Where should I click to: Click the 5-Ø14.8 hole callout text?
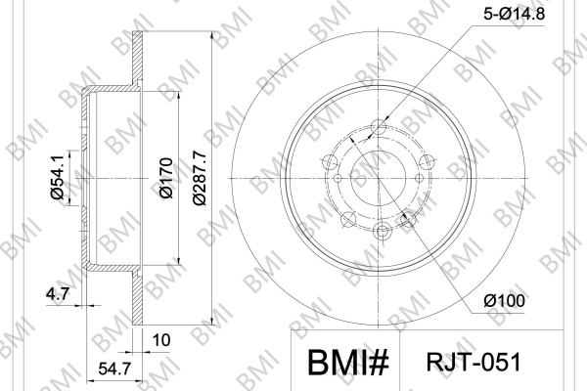pyautogui.click(x=514, y=14)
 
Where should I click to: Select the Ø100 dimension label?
pyautogui.click(x=504, y=300)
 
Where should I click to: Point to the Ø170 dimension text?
pyautogui.click(x=166, y=178)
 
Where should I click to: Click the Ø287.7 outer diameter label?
pyautogui.click(x=200, y=178)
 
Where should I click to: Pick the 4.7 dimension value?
pyautogui.click(x=58, y=294)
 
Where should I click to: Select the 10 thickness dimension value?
pyautogui.click(x=161, y=340)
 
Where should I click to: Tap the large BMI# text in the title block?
pyautogui.click(x=348, y=363)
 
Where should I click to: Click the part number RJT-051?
pyautogui.click(x=474, y=362)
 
